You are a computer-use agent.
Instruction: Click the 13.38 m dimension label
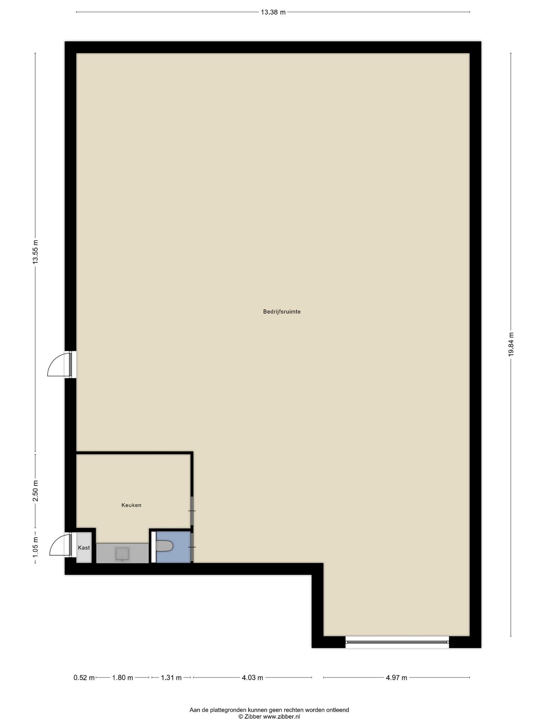coord(273,12)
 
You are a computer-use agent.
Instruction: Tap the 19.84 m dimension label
coord(511,344)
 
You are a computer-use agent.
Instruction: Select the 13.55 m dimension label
coord(35,252)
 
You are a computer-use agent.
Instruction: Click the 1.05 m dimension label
coord(35,547)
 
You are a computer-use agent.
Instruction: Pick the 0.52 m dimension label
coord(84,678)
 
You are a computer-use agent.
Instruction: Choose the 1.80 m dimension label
coord(123,678)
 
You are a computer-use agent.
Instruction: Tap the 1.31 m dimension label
coord(171,678)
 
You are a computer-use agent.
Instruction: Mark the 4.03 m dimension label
coord(252,678)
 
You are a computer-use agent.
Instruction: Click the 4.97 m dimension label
coord(397,678)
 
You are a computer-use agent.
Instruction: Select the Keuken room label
coord(132,505)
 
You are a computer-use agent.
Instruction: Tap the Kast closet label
coord(84,548)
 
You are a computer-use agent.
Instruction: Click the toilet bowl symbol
coord(164,546)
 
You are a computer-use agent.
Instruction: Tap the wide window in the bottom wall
coord(397,642)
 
